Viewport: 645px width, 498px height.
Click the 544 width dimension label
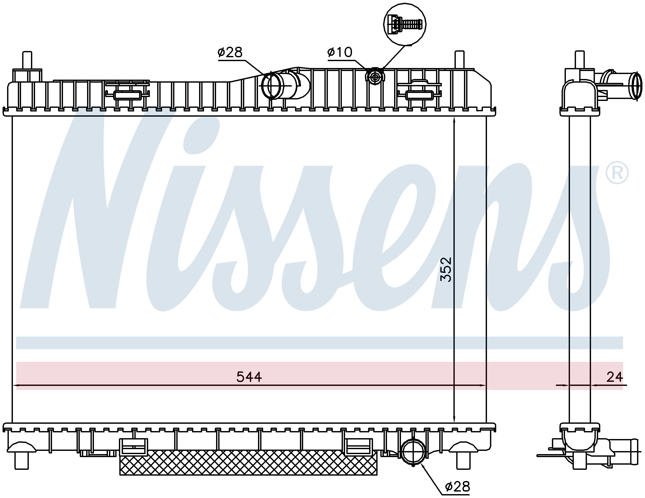click(249, 377)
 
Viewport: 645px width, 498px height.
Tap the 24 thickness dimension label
click(615, 377)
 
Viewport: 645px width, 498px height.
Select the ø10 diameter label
click(340, 53)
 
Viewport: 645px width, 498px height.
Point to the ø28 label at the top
click(230, 53)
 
